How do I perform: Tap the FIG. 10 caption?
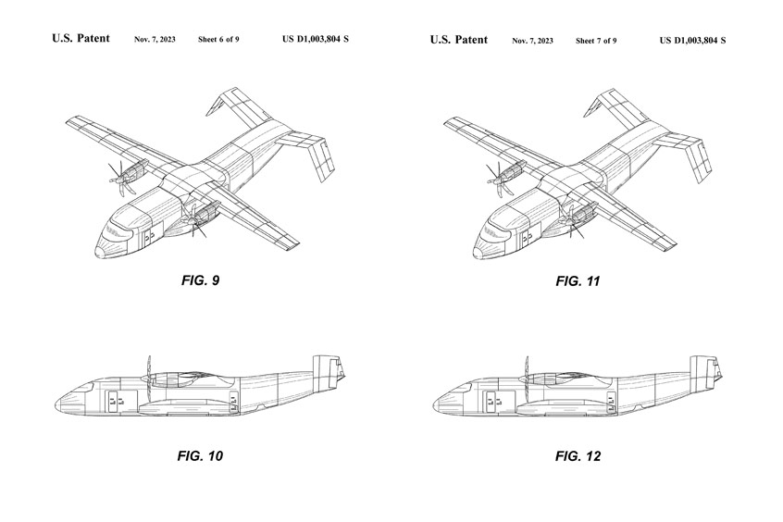(202, 455)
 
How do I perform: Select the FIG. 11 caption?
(578, 280)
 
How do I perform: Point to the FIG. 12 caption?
(578, 455)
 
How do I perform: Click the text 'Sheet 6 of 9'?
(218, 40)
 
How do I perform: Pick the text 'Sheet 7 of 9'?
(596, 41)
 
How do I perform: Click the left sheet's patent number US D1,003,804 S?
(315, 40)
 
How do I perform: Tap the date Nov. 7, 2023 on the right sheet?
(533, 41)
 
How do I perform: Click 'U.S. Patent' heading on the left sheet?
(81, 39)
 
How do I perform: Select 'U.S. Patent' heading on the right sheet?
(458, 39)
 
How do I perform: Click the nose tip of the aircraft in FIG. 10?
(57, 404)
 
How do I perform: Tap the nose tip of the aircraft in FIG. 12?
(435, 404)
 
